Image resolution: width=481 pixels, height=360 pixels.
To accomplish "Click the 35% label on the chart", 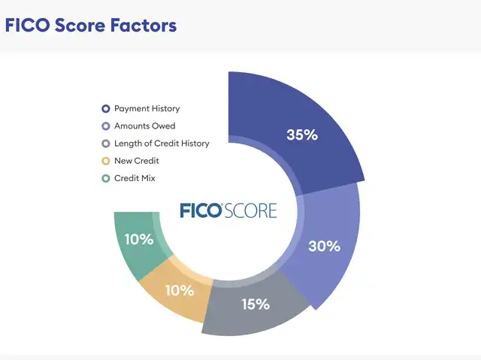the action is tap(302, 135).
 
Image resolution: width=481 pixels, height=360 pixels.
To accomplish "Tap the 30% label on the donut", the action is tap(324, 246).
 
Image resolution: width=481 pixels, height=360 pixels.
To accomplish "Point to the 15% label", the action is tap(256, 304).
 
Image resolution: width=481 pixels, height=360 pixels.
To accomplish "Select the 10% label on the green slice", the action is tap(139, 239).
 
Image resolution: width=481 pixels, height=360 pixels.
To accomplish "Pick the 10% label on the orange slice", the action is tap(180, 290).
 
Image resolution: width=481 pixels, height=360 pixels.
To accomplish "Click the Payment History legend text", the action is tap(147, 108).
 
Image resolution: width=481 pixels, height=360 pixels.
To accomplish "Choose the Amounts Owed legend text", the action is tap(145, 126).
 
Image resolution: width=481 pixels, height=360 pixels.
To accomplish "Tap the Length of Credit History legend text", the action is tap(162, 144).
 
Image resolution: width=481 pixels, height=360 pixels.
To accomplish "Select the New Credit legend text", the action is tap(137, 161).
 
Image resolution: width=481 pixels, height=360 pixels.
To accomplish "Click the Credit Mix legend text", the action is tap(135, 178).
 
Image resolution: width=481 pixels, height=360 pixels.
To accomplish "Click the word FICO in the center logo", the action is tap(201, 210).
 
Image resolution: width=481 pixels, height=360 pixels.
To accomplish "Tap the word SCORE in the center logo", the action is tap(250, 210).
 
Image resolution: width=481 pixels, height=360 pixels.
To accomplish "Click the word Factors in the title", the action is tap(144, 25).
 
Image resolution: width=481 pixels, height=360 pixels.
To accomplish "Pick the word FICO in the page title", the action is tap(27, 25).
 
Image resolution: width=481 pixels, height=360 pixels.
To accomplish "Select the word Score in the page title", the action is tap(80, 25).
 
